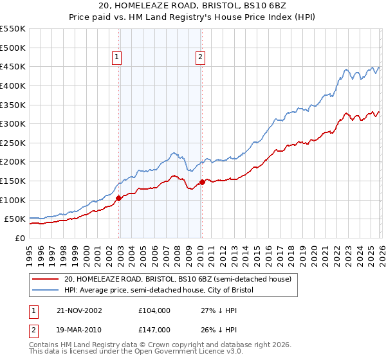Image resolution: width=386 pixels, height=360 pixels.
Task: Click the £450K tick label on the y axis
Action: pos(13,66)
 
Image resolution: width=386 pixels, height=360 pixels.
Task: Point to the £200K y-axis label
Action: pos(13,161)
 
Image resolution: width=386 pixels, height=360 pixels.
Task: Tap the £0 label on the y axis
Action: pos(20,238)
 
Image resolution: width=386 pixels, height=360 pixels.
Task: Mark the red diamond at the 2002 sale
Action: pos(119,198)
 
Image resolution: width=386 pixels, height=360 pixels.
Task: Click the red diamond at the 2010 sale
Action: pos(202,182)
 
